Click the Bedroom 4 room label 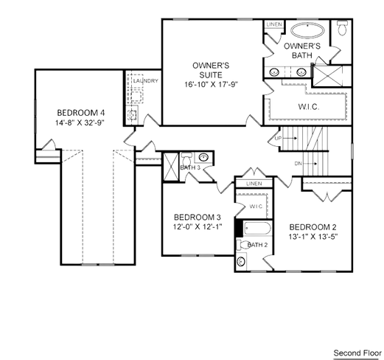click(81, 113)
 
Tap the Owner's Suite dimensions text click(212, 85)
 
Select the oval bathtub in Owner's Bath click(307, 30)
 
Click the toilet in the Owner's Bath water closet click(342, 28)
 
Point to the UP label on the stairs click(278, 138)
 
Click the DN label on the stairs click(298, 164)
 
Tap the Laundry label click(146, 80)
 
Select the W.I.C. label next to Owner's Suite click(309, 107)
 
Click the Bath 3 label click(190, 167)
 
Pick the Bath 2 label click(257, 245)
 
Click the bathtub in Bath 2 click(257, 229)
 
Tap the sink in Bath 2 click(242, 261)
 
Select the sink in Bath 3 click(203, 157)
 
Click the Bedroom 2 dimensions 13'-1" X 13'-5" click(313, 237)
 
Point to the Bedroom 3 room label click(198, 218)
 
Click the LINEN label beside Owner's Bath click(274, 24)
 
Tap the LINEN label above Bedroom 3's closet click(254, 184)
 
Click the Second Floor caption click(357, 353)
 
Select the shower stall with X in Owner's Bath click(328, 76)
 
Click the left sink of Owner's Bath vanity click(274, 72)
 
